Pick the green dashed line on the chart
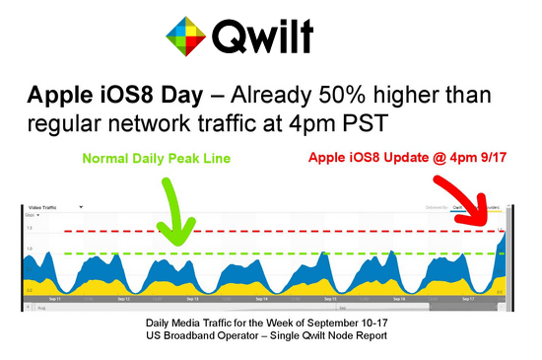(296, 253)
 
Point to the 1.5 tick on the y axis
(30, 228)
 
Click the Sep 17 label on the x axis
(469, 297)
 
